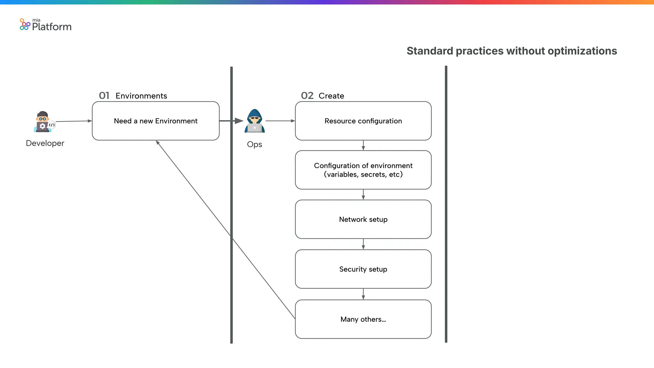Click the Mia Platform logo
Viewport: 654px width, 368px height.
[x=45, y=25]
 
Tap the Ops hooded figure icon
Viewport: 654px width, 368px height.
[x=255, y=121]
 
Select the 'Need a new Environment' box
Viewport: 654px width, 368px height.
[x=156, y=121]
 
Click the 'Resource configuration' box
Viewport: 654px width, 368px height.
[x=363, y=121]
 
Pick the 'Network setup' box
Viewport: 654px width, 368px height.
[x=363, y=219]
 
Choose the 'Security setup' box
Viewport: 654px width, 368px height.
[x=363, y=269]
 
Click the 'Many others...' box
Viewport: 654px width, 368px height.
[x=363, y=319]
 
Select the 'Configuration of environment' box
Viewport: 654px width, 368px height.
[x=363, y=170]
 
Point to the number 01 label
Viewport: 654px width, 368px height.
[x=104, y=96]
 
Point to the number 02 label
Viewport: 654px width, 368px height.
[x=307, y=96]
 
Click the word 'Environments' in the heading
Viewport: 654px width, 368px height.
[x=141, y=96]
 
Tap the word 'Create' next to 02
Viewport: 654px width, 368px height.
[x=331, y=96]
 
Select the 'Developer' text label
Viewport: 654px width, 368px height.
[x=45, y=143]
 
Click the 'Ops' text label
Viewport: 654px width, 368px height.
[x=255, y=144]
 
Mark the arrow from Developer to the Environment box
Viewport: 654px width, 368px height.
[x=74, y=121]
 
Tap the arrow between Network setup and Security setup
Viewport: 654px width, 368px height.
[x=363, y=244]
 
